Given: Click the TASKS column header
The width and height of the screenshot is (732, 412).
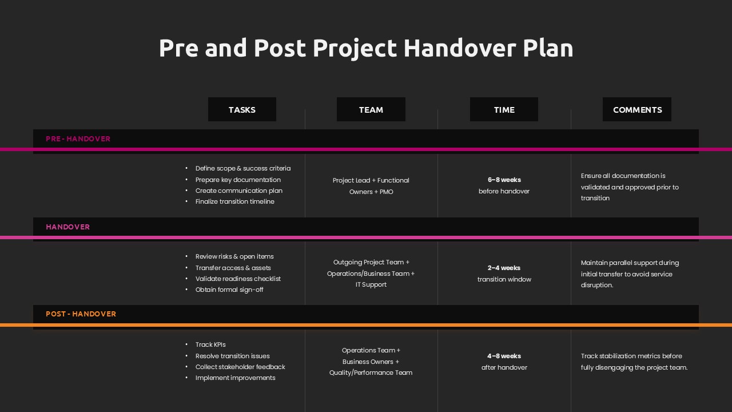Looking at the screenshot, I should click(242, 110).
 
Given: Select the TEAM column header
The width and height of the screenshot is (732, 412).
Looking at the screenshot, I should click(371, 110).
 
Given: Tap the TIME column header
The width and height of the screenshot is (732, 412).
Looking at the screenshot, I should click(504, 110).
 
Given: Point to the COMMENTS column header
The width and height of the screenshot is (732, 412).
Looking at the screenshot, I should click(637, 110).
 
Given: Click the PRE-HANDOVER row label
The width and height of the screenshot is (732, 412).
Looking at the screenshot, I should click(78, 139).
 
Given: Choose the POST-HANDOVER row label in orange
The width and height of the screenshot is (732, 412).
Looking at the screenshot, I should click(81, 314).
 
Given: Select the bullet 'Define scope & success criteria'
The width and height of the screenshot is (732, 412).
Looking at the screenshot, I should click(242, 168).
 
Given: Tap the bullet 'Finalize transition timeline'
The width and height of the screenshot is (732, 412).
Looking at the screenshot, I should click(234, 201).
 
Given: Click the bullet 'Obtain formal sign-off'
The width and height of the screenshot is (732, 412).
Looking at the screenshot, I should click(229, 290).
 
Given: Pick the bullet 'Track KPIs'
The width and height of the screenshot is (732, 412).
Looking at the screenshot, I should click(210, 344).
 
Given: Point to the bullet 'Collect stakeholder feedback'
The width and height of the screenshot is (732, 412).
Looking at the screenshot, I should click(240, 367).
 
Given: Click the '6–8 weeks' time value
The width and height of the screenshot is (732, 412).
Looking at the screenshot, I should click(504, 180).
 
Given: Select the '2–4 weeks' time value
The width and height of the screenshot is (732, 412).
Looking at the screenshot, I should click(504, 268).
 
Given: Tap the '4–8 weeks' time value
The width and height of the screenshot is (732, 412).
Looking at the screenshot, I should click(504, 356).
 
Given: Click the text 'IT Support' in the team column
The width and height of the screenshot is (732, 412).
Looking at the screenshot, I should click(371, 284).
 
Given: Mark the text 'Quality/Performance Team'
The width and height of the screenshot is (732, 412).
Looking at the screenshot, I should click(371, 373).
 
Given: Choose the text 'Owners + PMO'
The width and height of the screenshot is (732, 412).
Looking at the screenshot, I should click(371, 192).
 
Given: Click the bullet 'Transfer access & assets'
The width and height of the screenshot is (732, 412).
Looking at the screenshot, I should click(233, 268).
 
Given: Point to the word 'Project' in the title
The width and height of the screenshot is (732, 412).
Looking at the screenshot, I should click(355, 48).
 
